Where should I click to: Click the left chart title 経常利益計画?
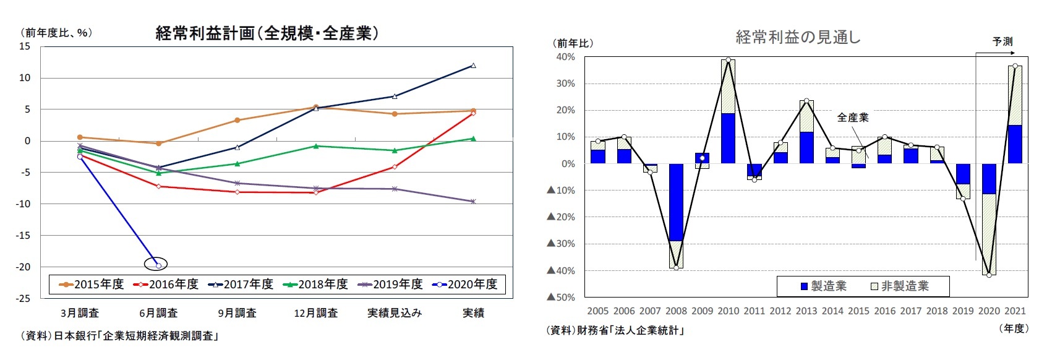[x=267, y=33]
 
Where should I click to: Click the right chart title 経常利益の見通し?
[x=798, y=38]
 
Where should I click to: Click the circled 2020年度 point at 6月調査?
[x=158, y=265]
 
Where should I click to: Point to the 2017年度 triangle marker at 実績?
[x=473, y=66]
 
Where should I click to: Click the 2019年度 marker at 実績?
[x=473, y=202]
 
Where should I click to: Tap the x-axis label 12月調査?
[x=315, y=313]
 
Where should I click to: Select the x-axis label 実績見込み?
[x=394, y=313]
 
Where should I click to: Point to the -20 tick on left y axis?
[x=24, y=267]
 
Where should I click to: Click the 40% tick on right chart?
[x=565, y=57]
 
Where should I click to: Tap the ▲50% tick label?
[x=560, y=298]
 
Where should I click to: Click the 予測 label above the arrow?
[x=1002, y=41]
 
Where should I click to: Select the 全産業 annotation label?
[x=852, y=118]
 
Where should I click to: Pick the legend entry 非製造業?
[x=899, y=286]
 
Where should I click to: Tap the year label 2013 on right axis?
[x=806, y=311]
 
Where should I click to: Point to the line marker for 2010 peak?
[x=728, y=60]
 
